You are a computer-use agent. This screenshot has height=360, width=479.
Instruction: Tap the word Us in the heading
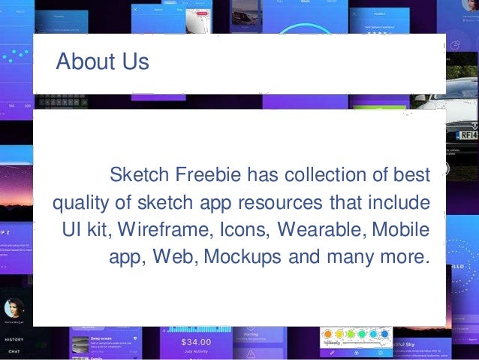(x=134, y=62)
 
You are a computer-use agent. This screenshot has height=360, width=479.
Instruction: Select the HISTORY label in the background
(x=14, y=339)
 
